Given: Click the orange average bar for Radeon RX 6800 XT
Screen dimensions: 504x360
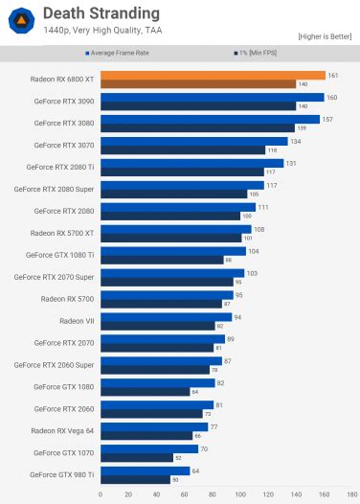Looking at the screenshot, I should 212,75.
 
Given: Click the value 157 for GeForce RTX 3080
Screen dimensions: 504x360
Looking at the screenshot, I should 327,120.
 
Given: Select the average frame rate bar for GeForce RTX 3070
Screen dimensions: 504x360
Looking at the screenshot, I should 186,141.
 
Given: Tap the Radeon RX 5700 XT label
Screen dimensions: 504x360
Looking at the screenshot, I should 62,232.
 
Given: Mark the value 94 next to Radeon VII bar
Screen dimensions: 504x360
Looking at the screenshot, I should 238,316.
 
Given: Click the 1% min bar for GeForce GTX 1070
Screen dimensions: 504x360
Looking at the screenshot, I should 135,457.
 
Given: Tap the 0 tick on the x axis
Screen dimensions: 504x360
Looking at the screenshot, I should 101,494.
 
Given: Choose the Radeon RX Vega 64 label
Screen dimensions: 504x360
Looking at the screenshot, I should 61,429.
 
